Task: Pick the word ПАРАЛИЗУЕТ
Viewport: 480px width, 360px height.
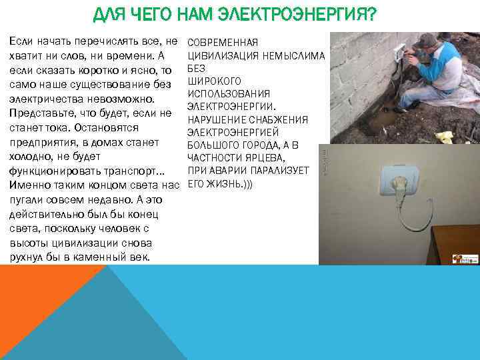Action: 276,170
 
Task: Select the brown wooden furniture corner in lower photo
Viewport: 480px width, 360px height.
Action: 454,243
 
